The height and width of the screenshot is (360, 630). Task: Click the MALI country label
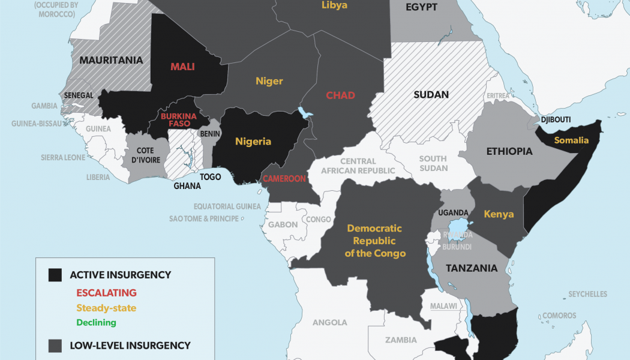coord(182,67)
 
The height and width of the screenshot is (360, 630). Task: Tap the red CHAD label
coord(340,95)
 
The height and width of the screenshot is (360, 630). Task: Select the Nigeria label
coord(253,142)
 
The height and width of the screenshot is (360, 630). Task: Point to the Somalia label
coord(571,140)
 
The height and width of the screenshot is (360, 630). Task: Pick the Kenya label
coord(499,214)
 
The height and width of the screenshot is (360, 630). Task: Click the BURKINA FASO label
coord(175,119)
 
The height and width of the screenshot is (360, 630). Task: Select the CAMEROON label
coord(284,178)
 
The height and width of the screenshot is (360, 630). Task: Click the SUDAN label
coord(431,95)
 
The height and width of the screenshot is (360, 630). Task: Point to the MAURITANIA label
coord(111,60)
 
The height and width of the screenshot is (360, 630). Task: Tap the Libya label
coord(334,5)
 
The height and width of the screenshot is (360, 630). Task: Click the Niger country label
coord(269,81)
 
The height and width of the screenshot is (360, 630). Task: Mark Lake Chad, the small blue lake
coord(305,112)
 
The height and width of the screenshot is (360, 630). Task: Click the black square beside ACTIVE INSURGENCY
coord(55,275)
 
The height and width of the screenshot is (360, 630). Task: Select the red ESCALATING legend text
coord(106,293)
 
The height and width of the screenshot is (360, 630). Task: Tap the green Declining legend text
coord(96,322)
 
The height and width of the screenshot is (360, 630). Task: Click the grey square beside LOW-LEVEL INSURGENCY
coord(55,346)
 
